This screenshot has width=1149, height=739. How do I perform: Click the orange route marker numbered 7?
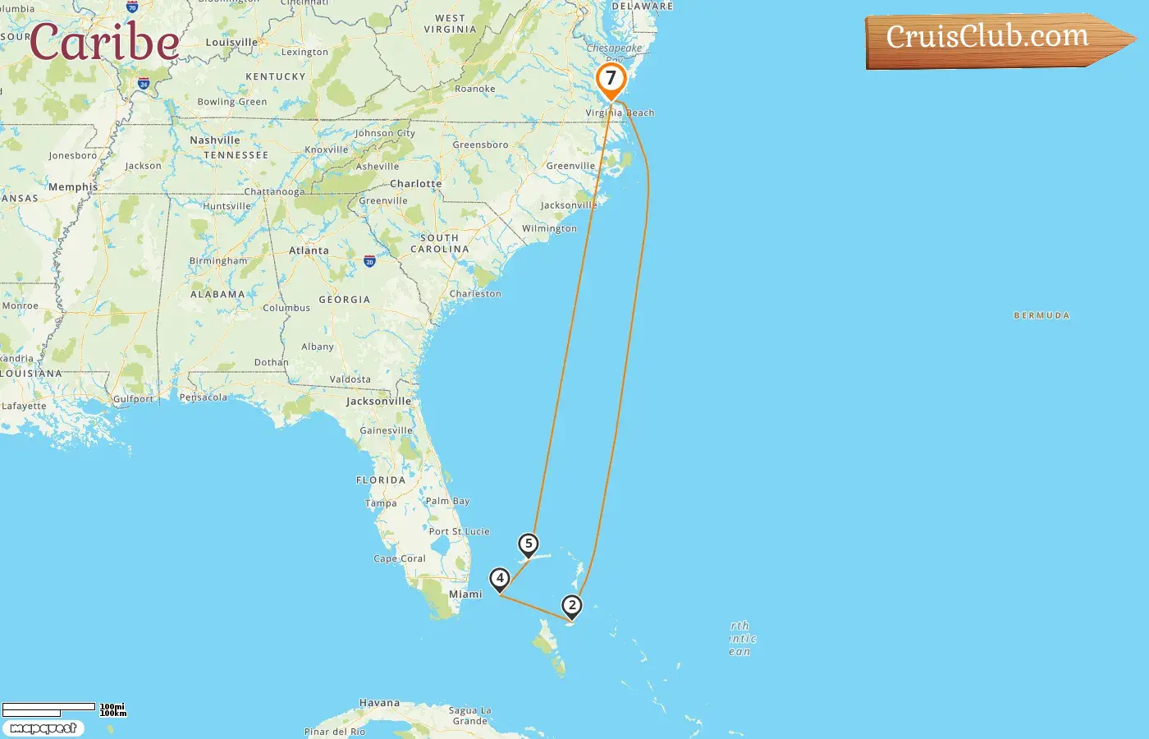611,80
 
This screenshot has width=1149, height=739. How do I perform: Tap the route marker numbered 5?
529,544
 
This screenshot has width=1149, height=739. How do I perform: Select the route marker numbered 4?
500,578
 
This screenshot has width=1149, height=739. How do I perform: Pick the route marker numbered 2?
572,606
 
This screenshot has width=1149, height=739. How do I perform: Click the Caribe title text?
104,42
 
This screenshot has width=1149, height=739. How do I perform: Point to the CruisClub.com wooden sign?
993,39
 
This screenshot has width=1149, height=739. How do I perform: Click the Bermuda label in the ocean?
1041,315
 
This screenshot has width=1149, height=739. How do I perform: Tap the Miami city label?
465,594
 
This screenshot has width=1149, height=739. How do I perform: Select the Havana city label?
379,703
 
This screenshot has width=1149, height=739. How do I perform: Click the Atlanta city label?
309,250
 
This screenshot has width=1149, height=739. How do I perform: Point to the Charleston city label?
475,293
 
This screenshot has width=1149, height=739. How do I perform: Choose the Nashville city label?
215,140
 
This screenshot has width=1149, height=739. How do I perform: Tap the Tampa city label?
381,503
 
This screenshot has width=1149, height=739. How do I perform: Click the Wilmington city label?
549,228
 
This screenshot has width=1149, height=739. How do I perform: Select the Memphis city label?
73,187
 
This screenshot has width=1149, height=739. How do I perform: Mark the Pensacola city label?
204,397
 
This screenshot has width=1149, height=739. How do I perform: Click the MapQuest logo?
43,728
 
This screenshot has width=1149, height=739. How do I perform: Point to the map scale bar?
49,708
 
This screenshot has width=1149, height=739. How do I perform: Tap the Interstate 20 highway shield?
369,261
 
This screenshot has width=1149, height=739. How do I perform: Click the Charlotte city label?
415,184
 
